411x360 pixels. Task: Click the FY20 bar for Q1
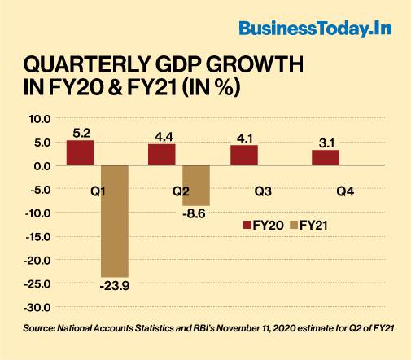click(x=80, y=152)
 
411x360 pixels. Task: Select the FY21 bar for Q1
click(x=115, y=221)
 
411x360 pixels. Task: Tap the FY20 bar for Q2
click(x=162, y=155)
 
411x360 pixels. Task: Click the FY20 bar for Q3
click(x=243, y=156)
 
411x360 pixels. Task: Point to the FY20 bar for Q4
click(x=326, y=157)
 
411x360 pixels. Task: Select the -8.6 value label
click(x=196, y=213)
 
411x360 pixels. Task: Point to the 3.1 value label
click(x=326, y=142)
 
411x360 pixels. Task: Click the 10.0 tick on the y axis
click(x=39, y=118)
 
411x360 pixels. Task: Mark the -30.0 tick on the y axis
click(x=37, y=308)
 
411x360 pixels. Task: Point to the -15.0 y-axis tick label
click(x=37, y=237)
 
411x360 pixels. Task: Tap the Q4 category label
click(x=343, y=192)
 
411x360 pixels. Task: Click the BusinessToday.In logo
click(x=315, y=29)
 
